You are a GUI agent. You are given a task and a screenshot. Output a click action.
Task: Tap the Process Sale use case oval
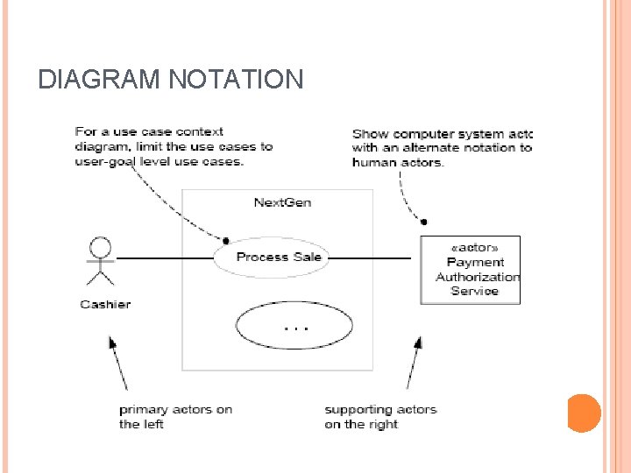click(x=279, y=257)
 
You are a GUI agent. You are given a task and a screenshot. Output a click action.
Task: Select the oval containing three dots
click(x=294, y=325)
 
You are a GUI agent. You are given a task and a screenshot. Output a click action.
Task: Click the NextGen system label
click(x=282, y=202)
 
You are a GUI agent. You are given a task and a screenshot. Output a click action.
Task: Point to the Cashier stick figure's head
click(x=102, y=246)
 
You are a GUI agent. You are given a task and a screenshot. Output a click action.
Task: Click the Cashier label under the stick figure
click(x=105, y=304)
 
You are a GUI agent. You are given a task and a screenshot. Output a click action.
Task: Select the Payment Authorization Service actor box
click(x=470, y=270)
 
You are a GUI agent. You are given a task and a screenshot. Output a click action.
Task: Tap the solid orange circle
click(x=583, y=413)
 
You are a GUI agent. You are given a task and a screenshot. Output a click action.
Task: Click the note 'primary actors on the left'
click(x=175, y=417)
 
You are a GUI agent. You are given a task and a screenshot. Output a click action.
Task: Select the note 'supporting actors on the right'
click(x=380, y=417)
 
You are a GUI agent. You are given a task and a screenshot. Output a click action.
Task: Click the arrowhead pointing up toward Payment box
click(x=419, y=341)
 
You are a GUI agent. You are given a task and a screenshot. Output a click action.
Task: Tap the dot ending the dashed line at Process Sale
click(x=225, y=240)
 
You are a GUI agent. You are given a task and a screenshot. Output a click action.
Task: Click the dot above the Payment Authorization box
click(x=424, y=222)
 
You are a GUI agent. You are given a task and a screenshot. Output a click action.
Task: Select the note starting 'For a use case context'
click(x=174, y=146)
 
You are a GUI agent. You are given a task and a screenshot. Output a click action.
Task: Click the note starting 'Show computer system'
click(x=442, y=147)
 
